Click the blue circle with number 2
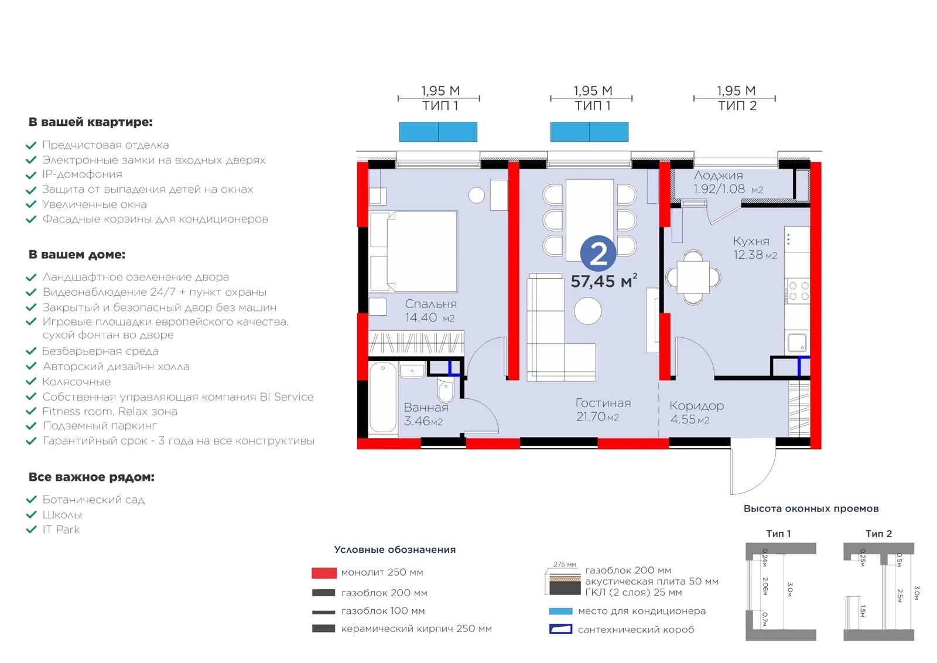598,253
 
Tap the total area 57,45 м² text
604,281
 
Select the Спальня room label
431,304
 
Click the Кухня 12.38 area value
755,255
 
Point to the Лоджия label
718,176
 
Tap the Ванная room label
426,408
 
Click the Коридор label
696,406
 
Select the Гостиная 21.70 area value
597,416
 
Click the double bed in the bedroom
413,251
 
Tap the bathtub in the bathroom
383,397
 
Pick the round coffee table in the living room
588,311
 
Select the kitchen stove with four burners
798,291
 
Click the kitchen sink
796,343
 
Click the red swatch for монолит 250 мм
324,573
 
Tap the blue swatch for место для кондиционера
560,611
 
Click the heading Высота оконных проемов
811,508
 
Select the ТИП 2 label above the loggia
737,106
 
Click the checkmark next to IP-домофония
31,175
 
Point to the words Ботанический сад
94,500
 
